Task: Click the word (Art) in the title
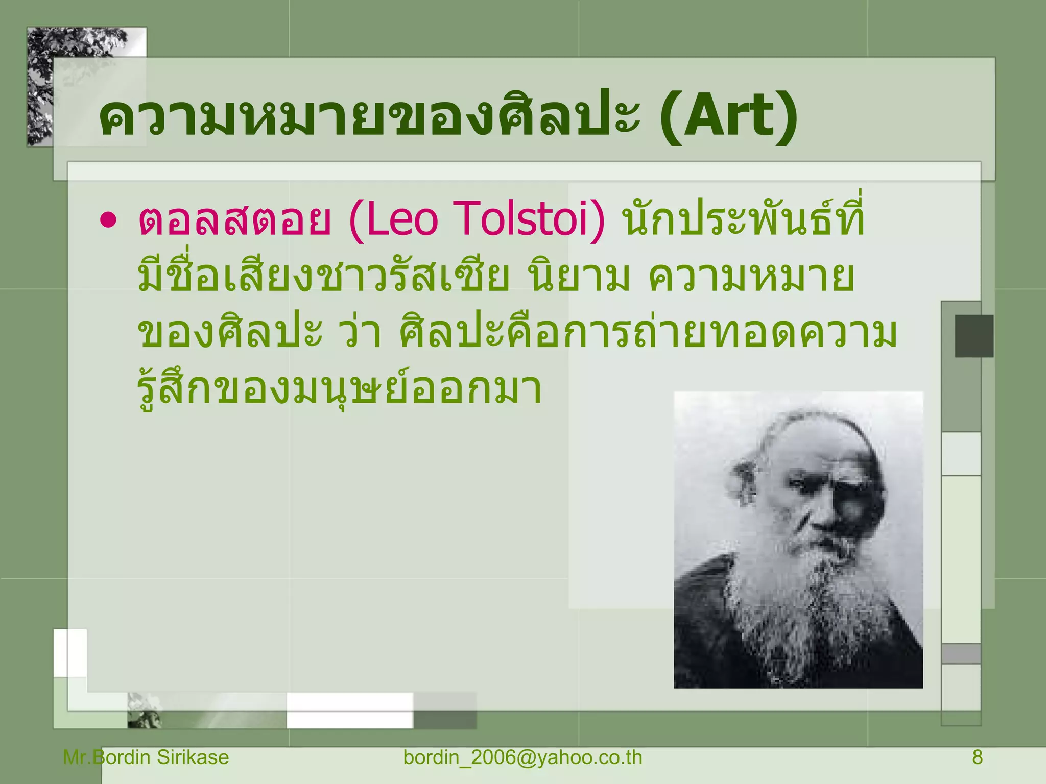[728, 117]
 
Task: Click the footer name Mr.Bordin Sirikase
[146, 757]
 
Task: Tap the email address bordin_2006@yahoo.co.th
[522, 757]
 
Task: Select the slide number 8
[977, 757]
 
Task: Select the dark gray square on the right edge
[974, 336]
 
